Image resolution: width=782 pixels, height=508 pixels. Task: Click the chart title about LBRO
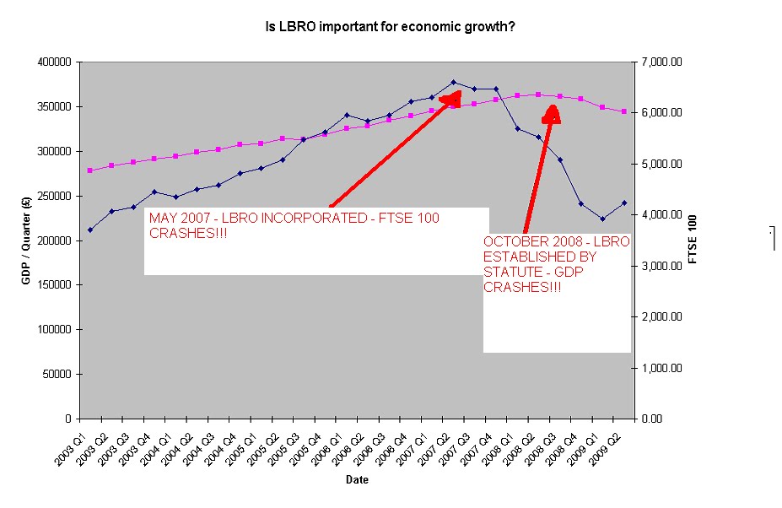pyautogui.click(x=391, y=27)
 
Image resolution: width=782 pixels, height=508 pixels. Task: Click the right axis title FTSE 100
pyautogui.click(x=693, y=240)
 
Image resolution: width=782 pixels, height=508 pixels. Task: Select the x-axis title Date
pyautogui.click(x=356, y=479)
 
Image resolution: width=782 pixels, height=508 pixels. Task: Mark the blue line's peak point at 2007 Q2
pyautogui.click(x=453, y=82)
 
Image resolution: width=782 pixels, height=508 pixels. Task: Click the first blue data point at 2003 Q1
pyautogui.click(x=90, y=230)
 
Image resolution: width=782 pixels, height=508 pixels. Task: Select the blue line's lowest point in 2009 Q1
pyautogui.click(x=602, y=219)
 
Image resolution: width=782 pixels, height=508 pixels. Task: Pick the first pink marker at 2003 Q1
pyautogui.click(x=90, y=170)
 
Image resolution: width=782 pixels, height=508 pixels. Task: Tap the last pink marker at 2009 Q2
pyautogui.click(x=623, y=111)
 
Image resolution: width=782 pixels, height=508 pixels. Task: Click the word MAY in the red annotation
pyautogui.click(x=163, y=218)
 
